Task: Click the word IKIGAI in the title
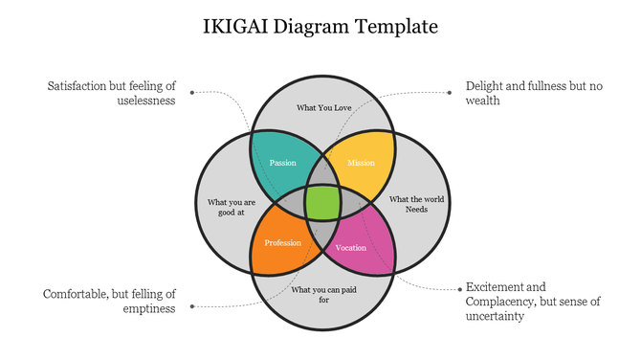tap(234, 26)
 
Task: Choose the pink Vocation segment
tap(354, 247)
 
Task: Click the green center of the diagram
tap(322, 203)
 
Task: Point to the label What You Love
tap(323, 108)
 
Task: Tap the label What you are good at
tap(232, 207)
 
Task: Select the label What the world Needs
tap(416, 204)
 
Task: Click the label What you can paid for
tap(323, 295)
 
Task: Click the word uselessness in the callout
tap(145, 101)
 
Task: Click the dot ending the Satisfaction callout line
tap(192, 93)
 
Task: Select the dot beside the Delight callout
tap(450, 93)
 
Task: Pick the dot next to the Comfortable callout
tap(192, 306)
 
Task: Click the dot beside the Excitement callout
tap(450, 287)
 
